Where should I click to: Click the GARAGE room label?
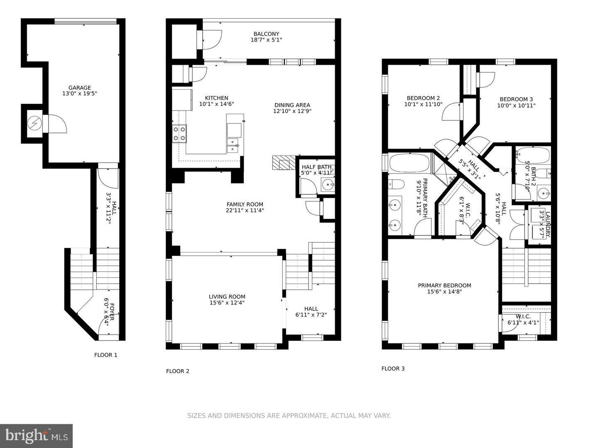pos(79,88)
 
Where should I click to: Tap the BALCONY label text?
pos(266,34)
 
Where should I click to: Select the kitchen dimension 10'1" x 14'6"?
pos(216,104)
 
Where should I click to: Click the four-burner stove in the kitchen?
pos(179,134)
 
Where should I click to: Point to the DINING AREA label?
pos(292,105)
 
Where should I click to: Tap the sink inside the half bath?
pos(329,184)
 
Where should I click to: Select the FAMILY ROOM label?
pos(245,204)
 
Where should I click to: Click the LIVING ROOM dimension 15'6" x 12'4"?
pos(227,303)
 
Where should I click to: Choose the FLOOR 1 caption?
pos(105,355)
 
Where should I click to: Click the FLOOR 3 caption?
pos(393,369)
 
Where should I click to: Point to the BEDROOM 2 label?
pos(423,98)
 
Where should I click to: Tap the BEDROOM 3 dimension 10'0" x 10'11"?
pos(516,105)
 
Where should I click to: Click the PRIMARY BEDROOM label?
pos(444,285)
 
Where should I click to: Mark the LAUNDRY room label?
pos(548,225)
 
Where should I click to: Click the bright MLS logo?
pos(36,436)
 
